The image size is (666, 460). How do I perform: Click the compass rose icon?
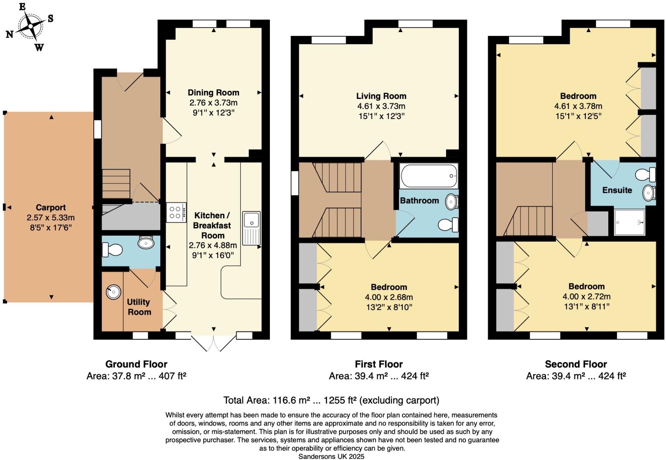click(30, 26)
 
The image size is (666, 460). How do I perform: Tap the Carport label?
click(51, 208)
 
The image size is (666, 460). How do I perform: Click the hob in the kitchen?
click(176, 212)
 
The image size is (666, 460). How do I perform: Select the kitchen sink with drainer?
click(251, 228)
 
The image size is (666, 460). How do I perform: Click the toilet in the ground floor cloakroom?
click(112, 250)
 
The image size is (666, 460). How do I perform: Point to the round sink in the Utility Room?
click(113, 292)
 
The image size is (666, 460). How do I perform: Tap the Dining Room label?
click(213, 93)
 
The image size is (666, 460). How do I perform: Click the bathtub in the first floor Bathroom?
click(429, 176)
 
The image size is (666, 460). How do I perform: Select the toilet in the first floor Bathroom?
click(449, 224)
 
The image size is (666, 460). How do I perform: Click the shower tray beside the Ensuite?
click(630, 222)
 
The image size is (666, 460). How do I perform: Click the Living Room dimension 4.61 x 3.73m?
click(381, 106)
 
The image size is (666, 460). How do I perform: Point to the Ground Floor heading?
click(136, 364)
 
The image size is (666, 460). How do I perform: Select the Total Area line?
click(331, 400)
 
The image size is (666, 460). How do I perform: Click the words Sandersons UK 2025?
click(331, 457)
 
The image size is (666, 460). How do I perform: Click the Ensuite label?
click(617, 190)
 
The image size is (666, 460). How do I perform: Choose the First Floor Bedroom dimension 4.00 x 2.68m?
click(389, 297)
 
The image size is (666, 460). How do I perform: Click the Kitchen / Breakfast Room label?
click(212, 225)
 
